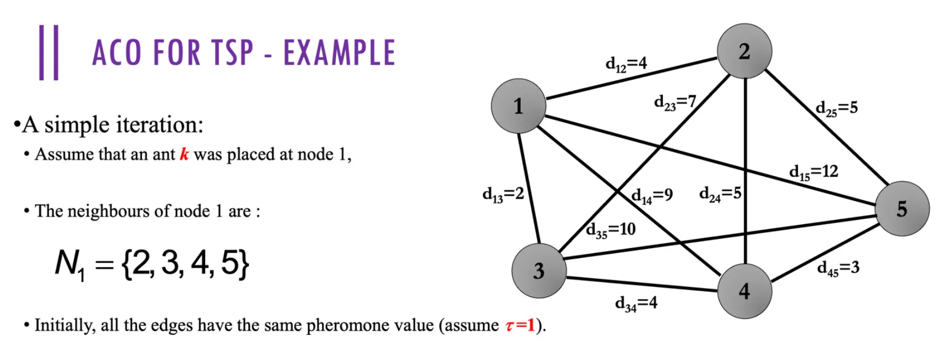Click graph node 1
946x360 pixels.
518,106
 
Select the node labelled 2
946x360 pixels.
744,51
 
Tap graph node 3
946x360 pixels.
538,271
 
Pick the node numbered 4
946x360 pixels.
744,291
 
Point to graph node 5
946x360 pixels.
902,209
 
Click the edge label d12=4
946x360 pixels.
626,64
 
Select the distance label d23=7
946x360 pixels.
675,103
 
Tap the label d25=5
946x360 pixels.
836,109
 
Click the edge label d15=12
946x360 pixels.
813,172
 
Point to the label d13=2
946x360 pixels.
503,194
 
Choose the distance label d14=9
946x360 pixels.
652,196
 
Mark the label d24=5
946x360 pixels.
720,194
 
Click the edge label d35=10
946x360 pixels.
610,230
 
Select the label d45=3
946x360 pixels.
838,268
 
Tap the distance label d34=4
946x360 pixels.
636,303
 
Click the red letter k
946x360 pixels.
184,154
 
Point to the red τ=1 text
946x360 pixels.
520,326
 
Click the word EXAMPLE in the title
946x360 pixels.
339,53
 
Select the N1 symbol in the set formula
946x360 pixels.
70,265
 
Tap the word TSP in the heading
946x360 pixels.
232,53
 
